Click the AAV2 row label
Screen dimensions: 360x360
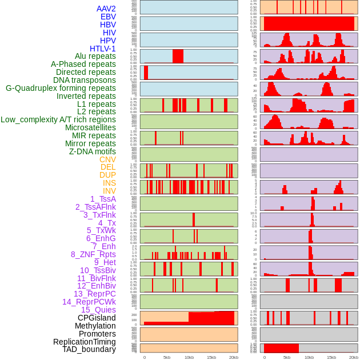[106, 9]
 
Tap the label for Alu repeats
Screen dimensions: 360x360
[95, 56]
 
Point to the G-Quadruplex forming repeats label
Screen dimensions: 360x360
[61, 88]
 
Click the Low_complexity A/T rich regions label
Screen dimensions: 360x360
[58, 119]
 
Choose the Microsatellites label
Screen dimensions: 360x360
[90, 127]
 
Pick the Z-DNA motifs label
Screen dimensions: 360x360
[93, 151]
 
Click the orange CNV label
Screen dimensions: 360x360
[107, 159]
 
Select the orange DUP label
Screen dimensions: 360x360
[107, 175]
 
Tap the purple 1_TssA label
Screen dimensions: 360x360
[103, 199]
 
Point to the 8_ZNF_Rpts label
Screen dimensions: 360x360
[93, 254]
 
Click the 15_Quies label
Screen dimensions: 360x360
[98, 310]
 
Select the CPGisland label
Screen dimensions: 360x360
[97, 318]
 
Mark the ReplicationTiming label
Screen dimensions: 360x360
[85, 342]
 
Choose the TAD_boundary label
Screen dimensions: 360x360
[89, 349]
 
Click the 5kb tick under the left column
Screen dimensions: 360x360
[167, 357]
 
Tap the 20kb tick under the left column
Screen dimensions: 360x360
[233, 357]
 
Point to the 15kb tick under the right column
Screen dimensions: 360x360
[331, 357]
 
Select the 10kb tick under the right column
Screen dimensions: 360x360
[309, 357]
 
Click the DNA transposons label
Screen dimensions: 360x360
[85, 80]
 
